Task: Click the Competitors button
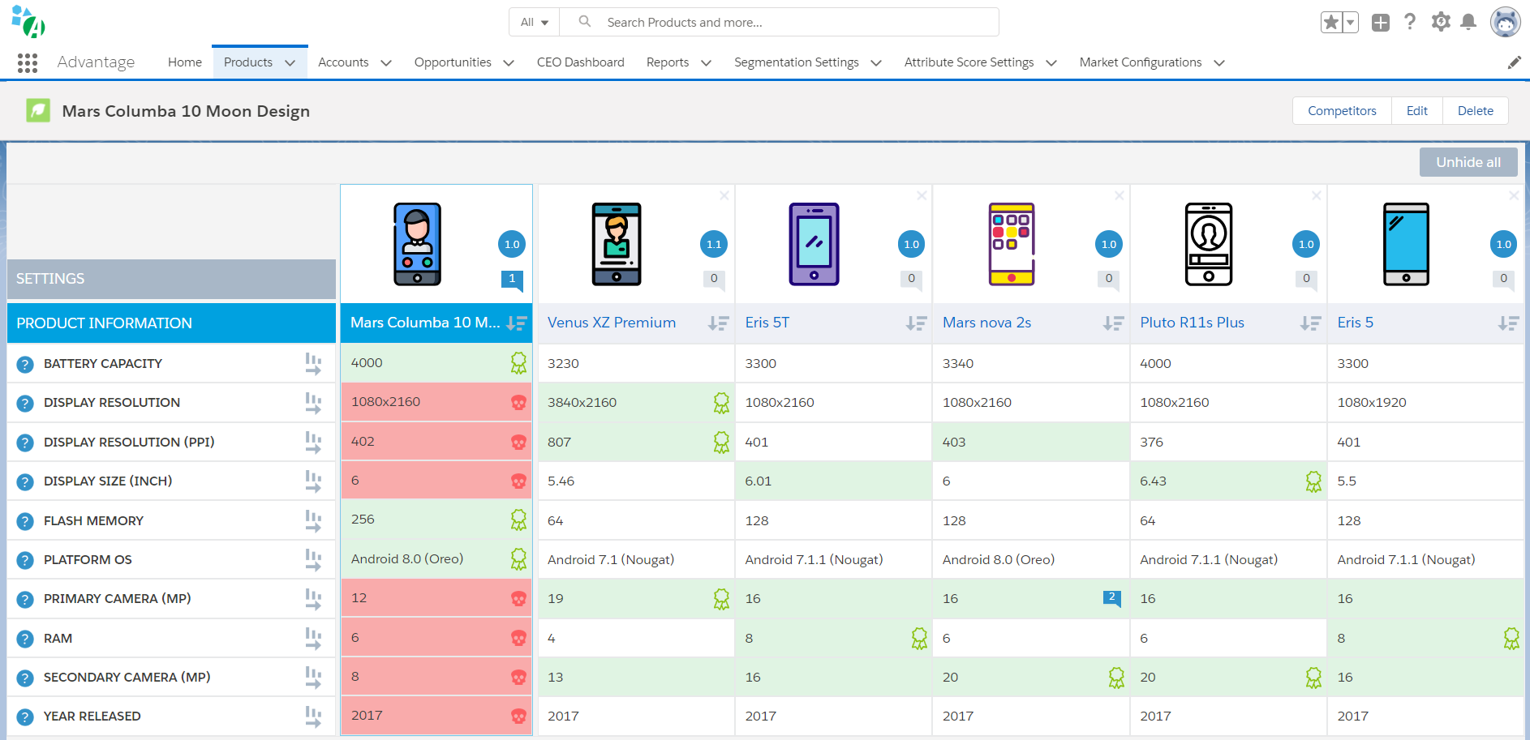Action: [x=1342, y=111]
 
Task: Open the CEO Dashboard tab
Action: [x=581, y=62]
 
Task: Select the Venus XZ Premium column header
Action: [x=612, y=323]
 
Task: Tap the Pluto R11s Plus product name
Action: [x=1192, y=323]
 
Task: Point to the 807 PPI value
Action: [x=559, y=442]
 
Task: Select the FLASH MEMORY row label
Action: [x=93, y=520]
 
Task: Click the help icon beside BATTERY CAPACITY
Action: [x=25, y=365]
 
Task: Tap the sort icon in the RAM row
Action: [x=313, y=639]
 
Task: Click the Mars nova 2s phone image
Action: [x=1011, y=244]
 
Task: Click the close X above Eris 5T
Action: [x=922, y=195]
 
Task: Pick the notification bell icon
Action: [x=1468, y=22]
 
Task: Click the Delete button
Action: [x=1475, y=111]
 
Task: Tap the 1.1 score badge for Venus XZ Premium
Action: [x=714, y=244]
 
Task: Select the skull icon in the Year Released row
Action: [x=518, y=716]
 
